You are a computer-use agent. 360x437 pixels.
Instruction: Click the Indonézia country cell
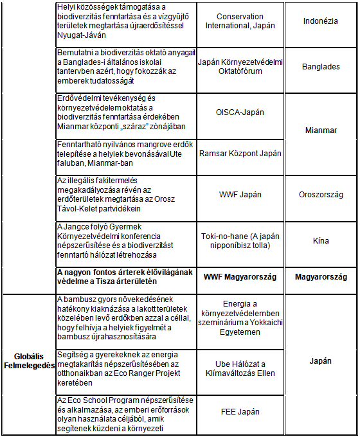click(321, 21)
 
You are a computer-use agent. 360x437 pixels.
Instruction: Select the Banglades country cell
click(321, 66)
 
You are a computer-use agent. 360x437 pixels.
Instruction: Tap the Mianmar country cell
click(321, 130)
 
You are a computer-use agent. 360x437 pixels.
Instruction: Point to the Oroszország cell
click(321, 195)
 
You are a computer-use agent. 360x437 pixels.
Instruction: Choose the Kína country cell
click(321, 241)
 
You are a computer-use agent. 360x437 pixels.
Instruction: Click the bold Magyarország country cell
click(321, 277)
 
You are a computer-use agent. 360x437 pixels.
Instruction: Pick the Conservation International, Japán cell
click(240, 21)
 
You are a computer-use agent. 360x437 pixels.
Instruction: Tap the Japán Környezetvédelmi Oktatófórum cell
click(240, 66)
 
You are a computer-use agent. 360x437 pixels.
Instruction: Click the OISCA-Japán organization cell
click(240, 112)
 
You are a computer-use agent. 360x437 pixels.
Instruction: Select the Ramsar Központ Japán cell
click(240, 154)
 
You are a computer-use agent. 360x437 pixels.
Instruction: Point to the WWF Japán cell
click(240, 195)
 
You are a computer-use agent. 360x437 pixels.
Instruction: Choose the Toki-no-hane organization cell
click(240, 241)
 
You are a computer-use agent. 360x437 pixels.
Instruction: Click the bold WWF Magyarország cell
click(240, 277)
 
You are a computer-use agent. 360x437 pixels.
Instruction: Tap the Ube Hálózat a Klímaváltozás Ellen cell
click(240, 368)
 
